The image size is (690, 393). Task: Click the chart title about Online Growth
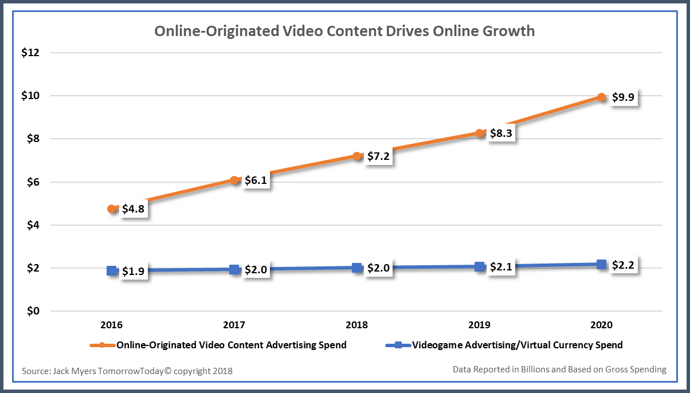[344, 31]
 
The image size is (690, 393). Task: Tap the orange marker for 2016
[112, 209]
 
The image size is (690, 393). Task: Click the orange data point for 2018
[357, 156]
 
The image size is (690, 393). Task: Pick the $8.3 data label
[501, 133]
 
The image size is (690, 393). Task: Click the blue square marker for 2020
[601, 265]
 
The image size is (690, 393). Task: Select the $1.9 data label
[134, 272]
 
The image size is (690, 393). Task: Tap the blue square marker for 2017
[234, 269]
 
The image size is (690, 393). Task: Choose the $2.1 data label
[501, 268]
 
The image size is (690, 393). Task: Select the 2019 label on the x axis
[479, 325]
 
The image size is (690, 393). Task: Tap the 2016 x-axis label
[112, 325]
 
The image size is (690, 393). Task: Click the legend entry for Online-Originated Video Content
[231, 345]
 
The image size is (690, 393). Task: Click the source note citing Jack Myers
[127, 371]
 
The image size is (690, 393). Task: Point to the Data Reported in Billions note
[559, 370]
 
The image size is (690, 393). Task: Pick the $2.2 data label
[624, 266]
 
